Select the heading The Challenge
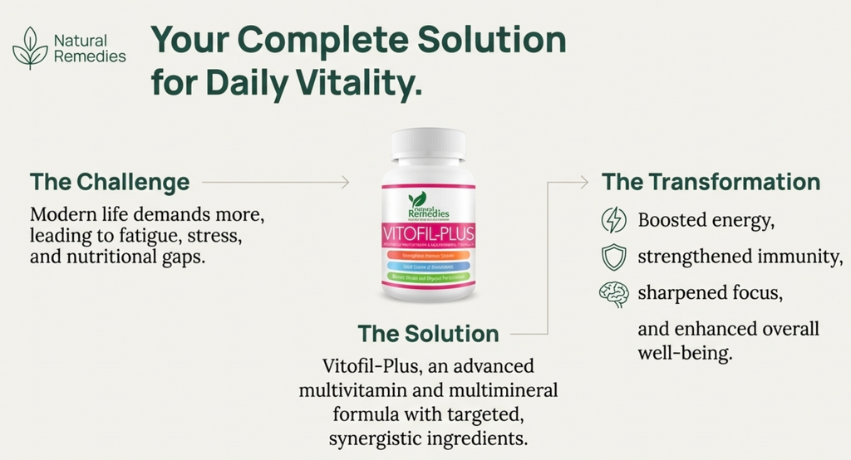(110, 182)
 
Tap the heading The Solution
(428, 334)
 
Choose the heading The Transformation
(711, 182)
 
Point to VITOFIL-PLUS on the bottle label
(428, 230)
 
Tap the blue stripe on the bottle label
(428, 265)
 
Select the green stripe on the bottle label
(428, 275)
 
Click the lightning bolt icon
(613, 221)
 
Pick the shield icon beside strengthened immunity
(613, 257)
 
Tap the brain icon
(613, 294)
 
